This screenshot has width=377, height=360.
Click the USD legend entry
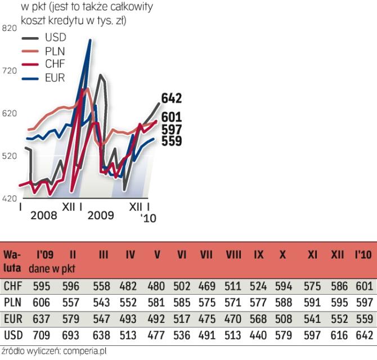55,38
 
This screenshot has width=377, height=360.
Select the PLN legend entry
55,51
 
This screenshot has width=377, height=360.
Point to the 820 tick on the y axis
10,28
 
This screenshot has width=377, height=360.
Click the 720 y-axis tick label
10,71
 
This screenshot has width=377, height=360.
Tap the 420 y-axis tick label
10,199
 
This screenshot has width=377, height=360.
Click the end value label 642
171,98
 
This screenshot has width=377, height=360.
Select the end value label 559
171,141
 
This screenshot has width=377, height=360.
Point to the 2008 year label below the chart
43,215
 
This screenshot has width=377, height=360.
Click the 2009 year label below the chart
101,215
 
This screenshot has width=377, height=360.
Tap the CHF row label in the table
12,286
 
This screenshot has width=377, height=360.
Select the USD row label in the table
12,335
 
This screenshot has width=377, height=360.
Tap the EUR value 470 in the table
234,319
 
